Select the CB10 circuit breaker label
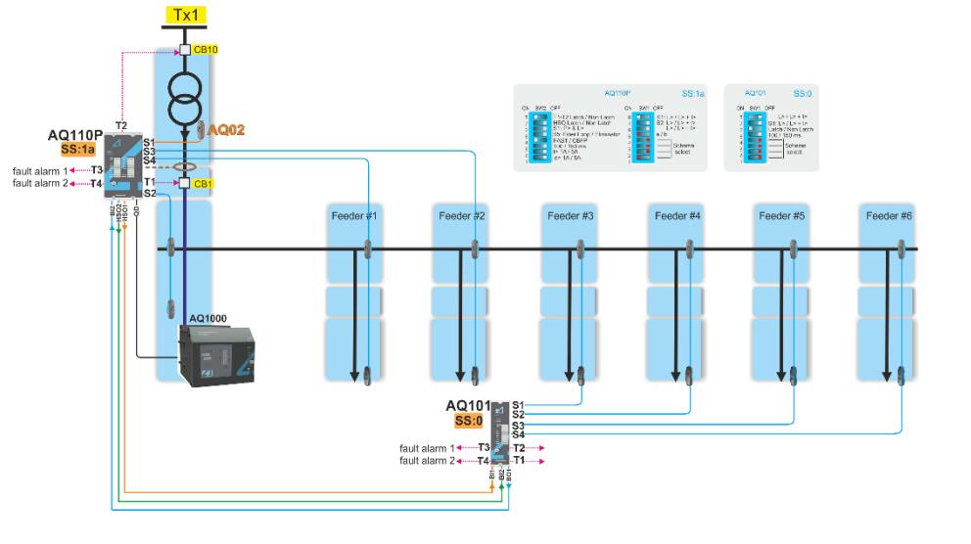tap(204, 48)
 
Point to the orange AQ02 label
tap(223, 129)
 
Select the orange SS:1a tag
tap(78, 150)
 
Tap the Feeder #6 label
tap(887, 215)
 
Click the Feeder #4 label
tap(675, 215)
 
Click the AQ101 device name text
tap(467, 406)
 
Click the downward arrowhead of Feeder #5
tap(781, 374)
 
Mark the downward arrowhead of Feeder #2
tap(460, 374)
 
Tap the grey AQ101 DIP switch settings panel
tap(770, 127)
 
